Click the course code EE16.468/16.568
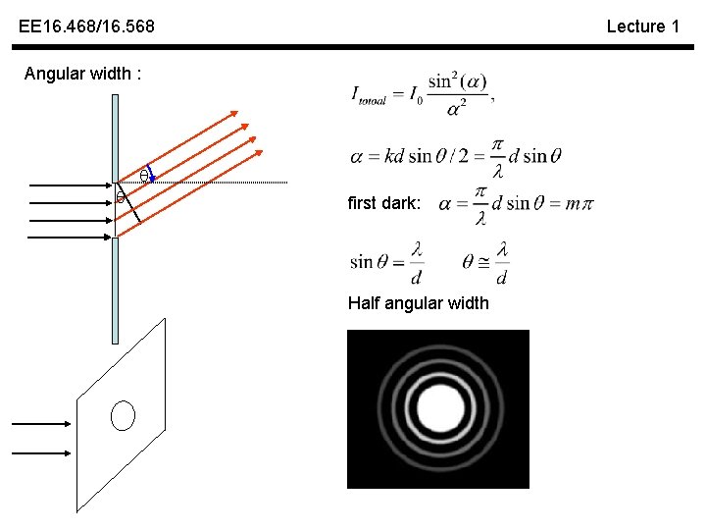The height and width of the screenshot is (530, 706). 86,26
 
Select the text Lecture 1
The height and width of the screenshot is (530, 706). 642,26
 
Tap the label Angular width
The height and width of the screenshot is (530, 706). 83,74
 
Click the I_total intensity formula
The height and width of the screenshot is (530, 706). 422,92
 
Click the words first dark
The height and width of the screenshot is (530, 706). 384,203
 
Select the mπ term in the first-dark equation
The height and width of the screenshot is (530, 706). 580,203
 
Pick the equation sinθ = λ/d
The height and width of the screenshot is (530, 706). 386,261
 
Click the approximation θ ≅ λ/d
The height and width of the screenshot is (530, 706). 484,261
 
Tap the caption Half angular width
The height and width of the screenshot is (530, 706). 418,303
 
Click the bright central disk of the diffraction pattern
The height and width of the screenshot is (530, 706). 438,407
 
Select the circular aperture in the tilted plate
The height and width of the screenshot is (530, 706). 123,416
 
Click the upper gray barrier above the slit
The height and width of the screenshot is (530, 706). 115,137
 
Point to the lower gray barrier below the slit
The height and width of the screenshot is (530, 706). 115,291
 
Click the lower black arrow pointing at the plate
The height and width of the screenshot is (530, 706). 41,453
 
